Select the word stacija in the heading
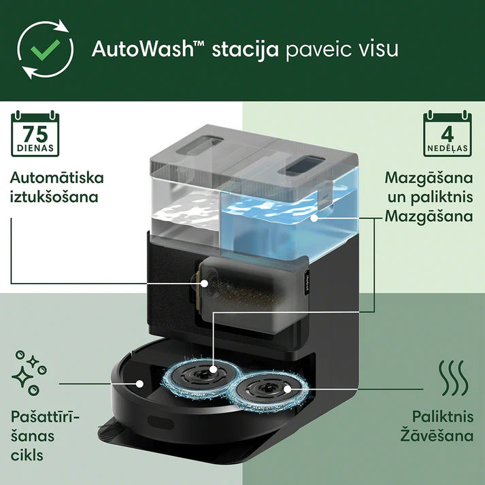(x=246, y=50)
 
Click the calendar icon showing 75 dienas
(x=35, y=133)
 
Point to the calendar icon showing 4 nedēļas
(x=448, y=133)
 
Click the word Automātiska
(x=56, y=178)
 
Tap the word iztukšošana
(x=54, y=197)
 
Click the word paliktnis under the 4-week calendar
(x=441, y=197)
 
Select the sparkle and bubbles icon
(x=29, y=373)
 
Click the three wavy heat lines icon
(x=453, y=378)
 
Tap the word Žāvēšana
(x=437, y=435)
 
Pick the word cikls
(x=27, y=455)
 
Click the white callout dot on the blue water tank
(x=314, y=218)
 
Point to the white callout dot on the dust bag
(x=204, y=283)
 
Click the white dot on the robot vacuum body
(x=140, y=384)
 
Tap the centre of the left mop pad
(x=213, y=369)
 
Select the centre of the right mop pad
(x=287, y=389)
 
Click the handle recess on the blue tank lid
(x=301, y=165)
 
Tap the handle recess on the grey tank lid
(x=199, y=144)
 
